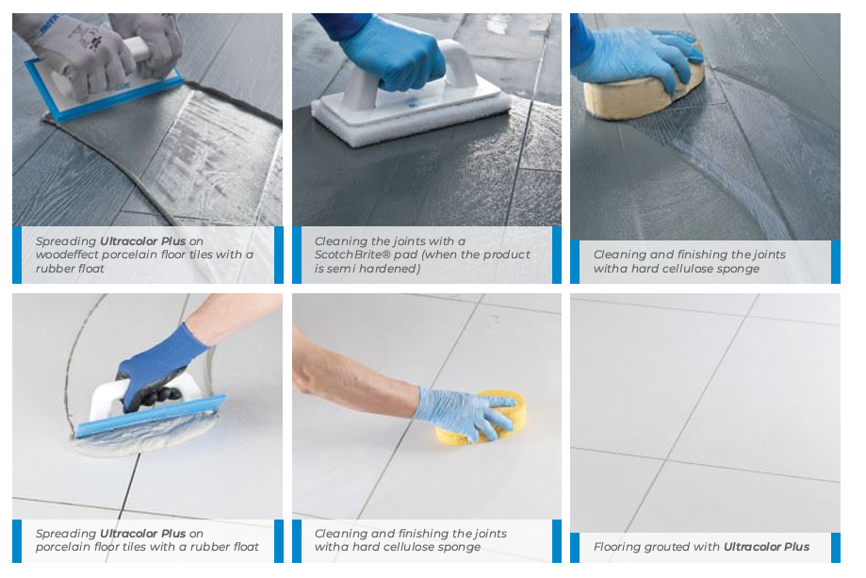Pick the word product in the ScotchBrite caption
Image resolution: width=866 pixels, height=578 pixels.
[506, 255]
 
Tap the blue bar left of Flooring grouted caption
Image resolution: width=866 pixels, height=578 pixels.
[575, 547]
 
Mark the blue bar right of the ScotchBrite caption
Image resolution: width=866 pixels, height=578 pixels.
[557, 255]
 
